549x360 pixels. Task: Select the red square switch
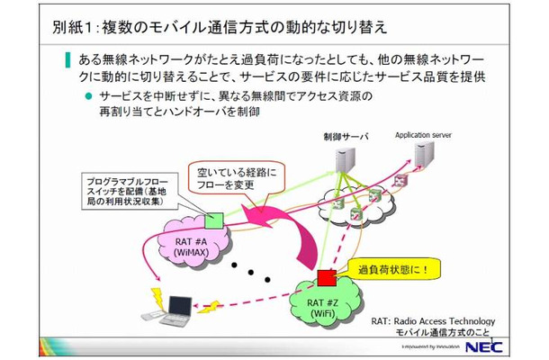(325, 275)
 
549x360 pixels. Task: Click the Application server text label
(422, 136)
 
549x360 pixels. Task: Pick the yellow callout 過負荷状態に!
(386, 269)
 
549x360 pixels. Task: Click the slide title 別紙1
(62, 25)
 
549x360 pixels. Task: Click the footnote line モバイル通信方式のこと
(446, 333)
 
